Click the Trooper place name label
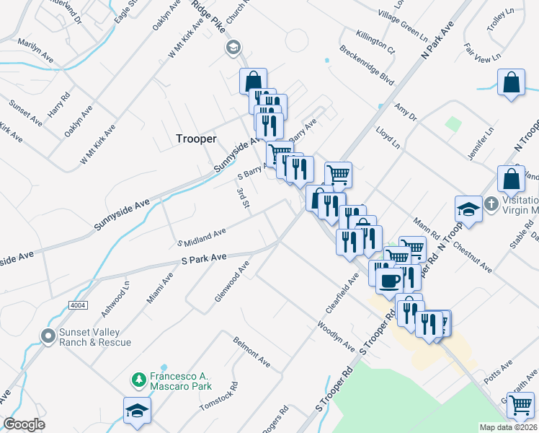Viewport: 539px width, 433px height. coord(196,139)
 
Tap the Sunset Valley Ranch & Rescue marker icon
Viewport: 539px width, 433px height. coord(48,336)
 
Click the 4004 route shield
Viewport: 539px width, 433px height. coord(79,305)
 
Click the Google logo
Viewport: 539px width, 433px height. coord(24,424)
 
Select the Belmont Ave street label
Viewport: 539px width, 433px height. coord(251,351)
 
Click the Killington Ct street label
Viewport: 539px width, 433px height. coord(375,43)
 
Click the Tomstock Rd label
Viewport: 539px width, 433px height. coord(218,398)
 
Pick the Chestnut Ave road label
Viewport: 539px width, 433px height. coord(475,258)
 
